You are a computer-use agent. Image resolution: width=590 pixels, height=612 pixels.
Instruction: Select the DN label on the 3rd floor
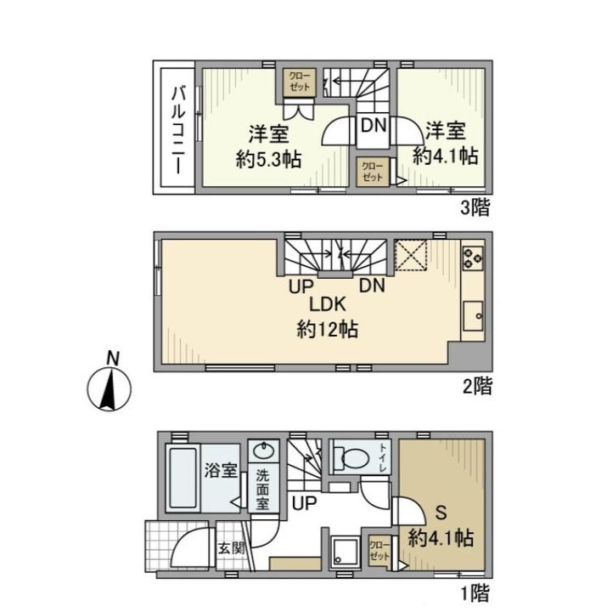(x=374, y=126)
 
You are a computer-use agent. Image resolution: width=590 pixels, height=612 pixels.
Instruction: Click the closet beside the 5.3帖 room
(x=300, y=82)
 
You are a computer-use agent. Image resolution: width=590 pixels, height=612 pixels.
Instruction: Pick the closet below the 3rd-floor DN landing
(x=373, y=172)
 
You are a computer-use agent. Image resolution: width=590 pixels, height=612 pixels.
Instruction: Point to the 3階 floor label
(x=475, y=207)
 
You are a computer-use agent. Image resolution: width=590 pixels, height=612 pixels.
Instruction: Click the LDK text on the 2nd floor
(x=328, y=304)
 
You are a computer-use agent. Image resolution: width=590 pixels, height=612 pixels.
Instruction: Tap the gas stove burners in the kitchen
(x=473, y=258)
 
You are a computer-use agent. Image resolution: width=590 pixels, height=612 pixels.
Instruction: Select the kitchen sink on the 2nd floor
(x=473, y=315)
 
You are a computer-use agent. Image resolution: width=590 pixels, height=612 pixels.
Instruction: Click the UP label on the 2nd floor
(x=301, y=287)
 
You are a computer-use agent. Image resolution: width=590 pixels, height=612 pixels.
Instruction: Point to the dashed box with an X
(x=410, y=255)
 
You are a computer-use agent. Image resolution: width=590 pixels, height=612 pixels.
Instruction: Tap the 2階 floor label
(x=477, y=386)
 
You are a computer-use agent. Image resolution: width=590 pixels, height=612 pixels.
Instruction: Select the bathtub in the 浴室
(x=183, y=478)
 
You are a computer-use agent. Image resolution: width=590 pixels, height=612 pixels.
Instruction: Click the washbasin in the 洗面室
(x=263, y=451)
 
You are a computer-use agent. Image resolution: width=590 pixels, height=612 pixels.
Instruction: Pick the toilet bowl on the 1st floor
(x=354, y=456)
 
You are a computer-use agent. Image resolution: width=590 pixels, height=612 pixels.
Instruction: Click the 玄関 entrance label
(x=231, y=548)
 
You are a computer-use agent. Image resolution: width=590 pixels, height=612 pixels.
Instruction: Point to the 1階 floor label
(x=475, y=593)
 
